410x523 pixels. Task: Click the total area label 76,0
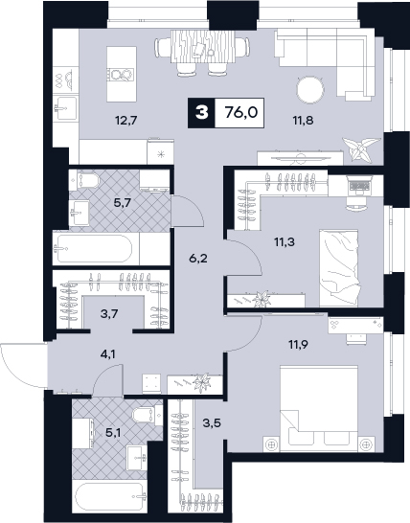(x=241, y=113)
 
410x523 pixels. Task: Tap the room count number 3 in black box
(x=201, y=113)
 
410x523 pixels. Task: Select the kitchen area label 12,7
(x=126, y=120)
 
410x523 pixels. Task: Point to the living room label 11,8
(x=303, y=120)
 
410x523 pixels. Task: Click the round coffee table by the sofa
(x=310, y=89)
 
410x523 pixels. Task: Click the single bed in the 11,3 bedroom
(x=338, y=267)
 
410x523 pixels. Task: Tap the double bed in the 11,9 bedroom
(x=319, y=409)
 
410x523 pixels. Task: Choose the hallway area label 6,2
(x=198, y=258)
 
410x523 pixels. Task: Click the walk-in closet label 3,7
(x=110, y=313)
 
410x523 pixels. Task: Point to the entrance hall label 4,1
(x=107, y=353)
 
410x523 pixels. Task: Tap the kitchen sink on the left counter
(x=66, y=107)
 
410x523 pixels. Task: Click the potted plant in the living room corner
(x=360, y=148)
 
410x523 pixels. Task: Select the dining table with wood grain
(x=203, y=46)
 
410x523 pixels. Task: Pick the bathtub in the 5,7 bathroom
(x=95, y=249)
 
